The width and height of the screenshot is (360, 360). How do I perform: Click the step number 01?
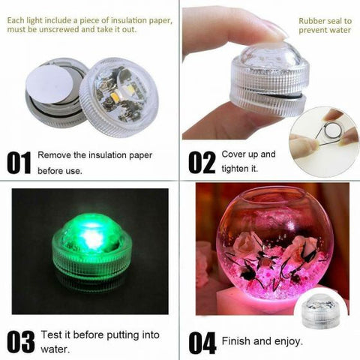click(21, 161)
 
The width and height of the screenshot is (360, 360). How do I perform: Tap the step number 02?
click(200, 161)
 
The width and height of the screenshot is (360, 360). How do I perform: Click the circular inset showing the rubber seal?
click(323, 132)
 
